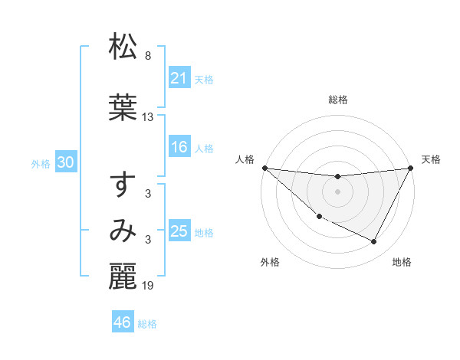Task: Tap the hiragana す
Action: [123, 186]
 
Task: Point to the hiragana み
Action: [123, 230]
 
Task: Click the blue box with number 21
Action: [179, 77]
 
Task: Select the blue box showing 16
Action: [179, 148]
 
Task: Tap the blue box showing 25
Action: [179, 231]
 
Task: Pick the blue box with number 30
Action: [65, 162]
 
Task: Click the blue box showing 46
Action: [122, 322]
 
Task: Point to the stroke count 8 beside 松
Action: [148, 57]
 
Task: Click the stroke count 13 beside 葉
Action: [148, 117]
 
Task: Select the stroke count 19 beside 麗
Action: [148, 286]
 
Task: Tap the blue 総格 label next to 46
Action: [147, 323]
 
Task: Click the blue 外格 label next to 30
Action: [40, 163]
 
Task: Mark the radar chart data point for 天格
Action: [411, 168]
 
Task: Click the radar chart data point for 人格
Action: [264, 168]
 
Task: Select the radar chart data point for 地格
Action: [374, 242]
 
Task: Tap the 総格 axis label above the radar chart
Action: [337, 100]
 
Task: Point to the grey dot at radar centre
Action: [337, 191]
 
